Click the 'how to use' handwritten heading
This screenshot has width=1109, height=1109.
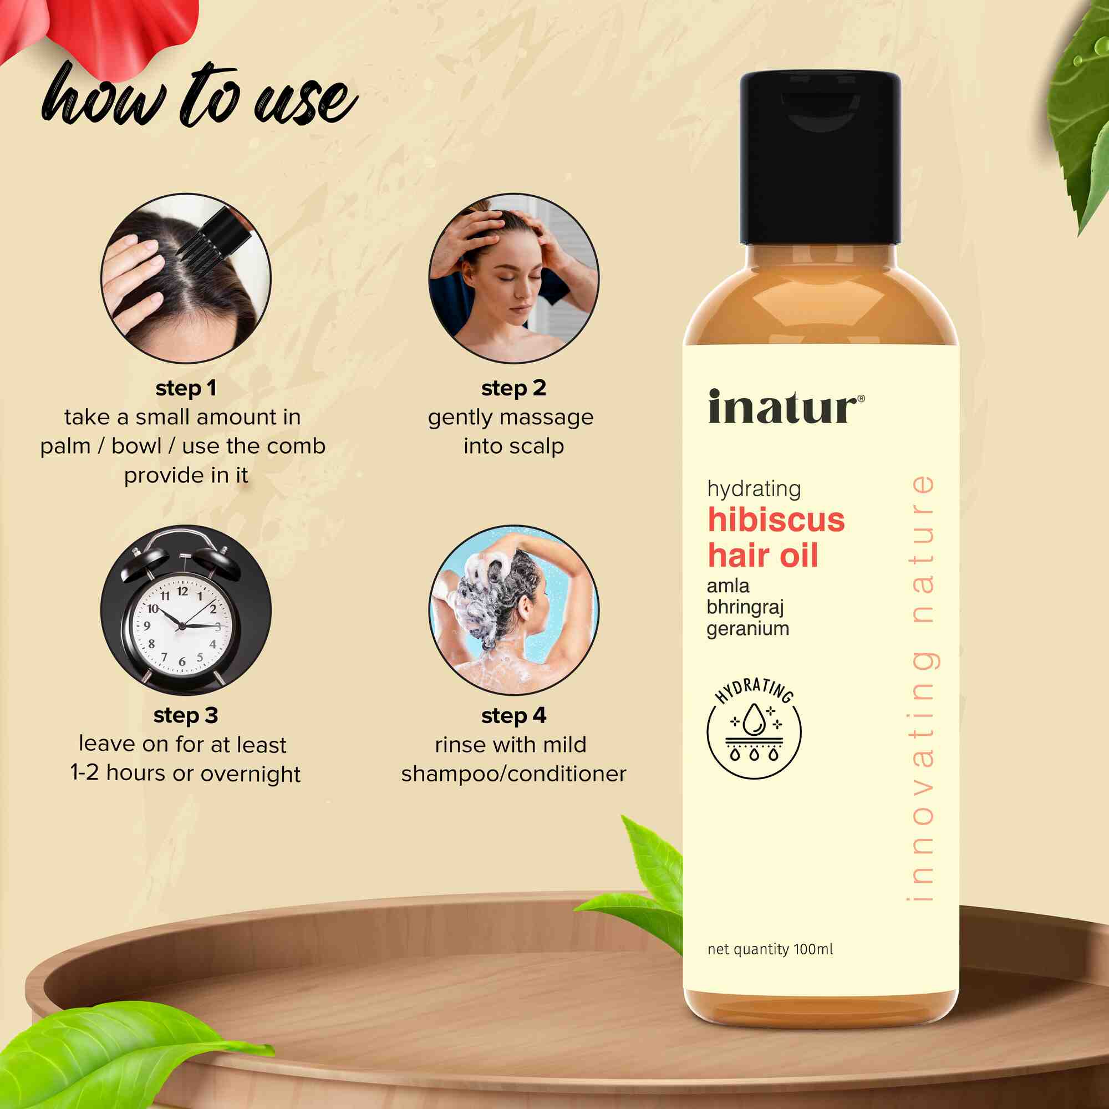(x=199, y=96)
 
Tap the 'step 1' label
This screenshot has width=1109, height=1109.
(x=186, y=389)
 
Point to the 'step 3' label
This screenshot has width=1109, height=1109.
(x=186, y=716)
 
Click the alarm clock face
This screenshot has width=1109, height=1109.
(x=181, y=625)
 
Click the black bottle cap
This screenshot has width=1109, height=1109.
(x=820, y=158)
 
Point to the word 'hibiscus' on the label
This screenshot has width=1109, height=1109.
(x=776, y=520)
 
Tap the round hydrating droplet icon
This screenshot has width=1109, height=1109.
(x=754, y=728)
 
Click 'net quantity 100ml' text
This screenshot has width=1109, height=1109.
(x=770, y=949)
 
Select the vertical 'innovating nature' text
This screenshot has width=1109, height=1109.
(x=923, y=688)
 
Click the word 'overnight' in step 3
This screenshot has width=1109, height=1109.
(x=250, y=774)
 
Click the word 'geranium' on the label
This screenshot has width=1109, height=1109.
(x=748, y=629)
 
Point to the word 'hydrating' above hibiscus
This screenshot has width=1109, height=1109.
(x=754, y=489)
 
